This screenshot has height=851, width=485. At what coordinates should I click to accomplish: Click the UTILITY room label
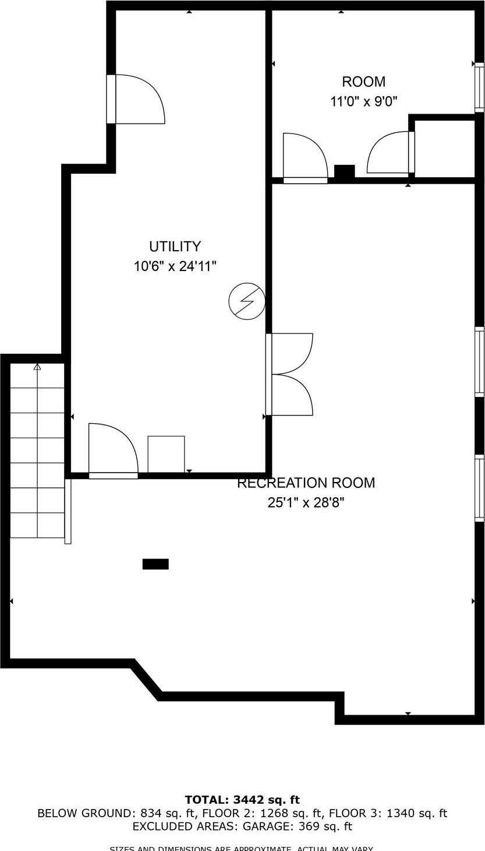(175, 246)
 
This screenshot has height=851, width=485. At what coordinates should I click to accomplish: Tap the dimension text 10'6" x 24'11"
(175, 266)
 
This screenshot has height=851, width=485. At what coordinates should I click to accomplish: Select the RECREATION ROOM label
(306, 483)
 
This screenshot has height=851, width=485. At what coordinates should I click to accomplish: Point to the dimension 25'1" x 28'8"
(306, 502)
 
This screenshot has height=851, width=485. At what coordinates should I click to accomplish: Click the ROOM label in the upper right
(363, 82)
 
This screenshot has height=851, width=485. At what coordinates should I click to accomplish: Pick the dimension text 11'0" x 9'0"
(363, 101)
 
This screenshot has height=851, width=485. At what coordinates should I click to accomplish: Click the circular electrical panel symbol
(247, 301)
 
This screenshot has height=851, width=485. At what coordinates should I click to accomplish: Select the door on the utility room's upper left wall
(137, 99)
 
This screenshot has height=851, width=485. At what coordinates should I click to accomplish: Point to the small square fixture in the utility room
(166, 453)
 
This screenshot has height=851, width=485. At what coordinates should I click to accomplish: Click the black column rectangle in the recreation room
(155, 564)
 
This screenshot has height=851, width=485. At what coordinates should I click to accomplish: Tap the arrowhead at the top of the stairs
(37, 367)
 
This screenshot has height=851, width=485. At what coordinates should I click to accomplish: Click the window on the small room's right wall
(479, 87)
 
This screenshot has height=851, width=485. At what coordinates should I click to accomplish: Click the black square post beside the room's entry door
(344, 172)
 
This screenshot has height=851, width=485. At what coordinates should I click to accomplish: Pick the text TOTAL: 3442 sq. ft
(242, 800)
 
